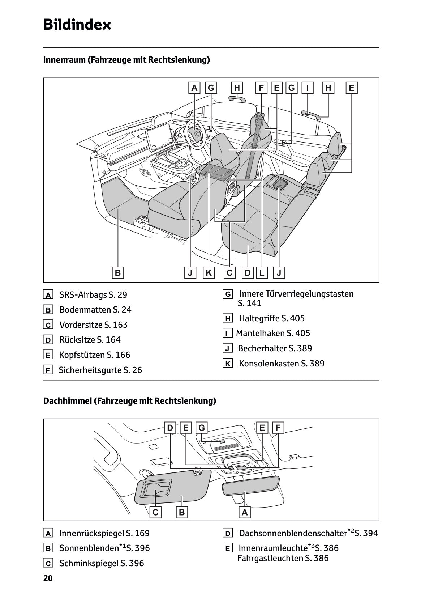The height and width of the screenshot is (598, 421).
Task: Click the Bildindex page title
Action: point(77,25)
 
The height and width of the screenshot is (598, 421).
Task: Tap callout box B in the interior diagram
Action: point(118,272)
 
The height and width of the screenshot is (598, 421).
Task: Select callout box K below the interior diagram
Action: point(209,272)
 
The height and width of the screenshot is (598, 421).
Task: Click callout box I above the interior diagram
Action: point(307,88)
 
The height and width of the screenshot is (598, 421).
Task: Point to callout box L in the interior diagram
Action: point(261,272)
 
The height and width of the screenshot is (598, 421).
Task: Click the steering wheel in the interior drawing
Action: point(196,135)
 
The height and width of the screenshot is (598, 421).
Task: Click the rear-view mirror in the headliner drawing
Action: point(251,486)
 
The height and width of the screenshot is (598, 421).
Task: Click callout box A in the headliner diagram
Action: point(245,512)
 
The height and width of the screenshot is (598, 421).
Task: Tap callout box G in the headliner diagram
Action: point(202,428)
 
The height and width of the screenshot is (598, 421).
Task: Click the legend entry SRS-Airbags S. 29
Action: point(93,295)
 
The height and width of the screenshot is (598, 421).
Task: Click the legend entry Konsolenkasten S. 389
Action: point(282,364)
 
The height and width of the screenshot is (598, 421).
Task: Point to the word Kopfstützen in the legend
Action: point(82,355)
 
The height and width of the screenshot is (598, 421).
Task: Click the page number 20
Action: point(48,578)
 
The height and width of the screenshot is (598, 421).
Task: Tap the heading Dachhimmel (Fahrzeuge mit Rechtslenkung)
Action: point(129,401)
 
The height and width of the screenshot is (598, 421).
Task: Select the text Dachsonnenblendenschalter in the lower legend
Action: point(293,533)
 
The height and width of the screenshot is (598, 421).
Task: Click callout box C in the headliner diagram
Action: point(155,512)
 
